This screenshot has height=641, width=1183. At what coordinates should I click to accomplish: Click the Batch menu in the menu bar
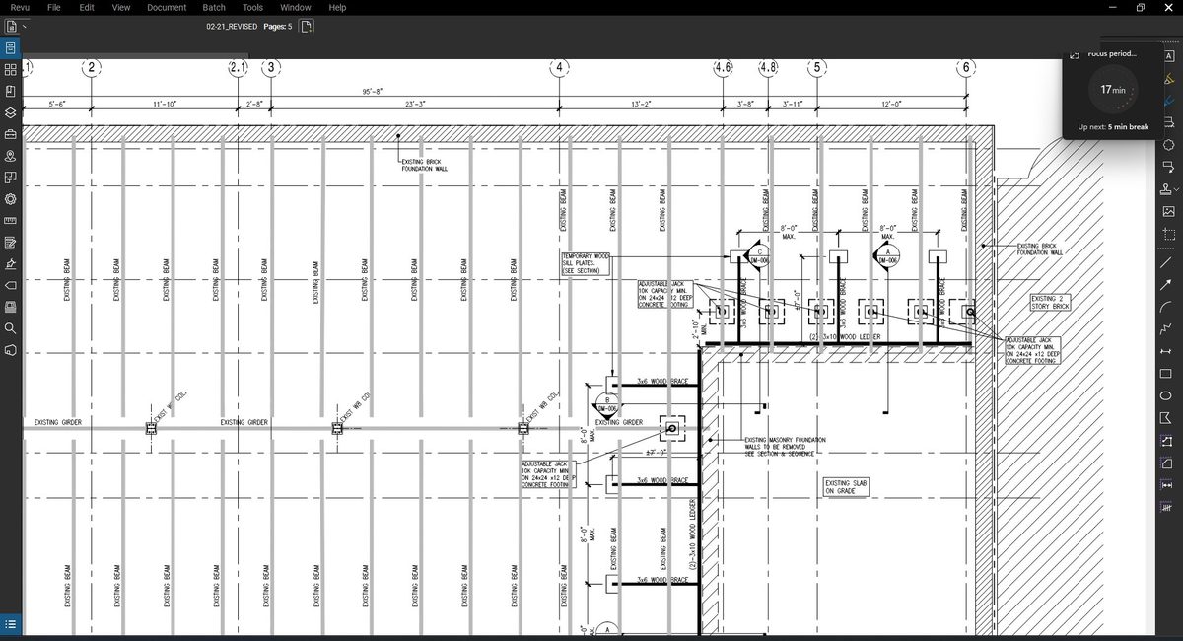click(214, 7)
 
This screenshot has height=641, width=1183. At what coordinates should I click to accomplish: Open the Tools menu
click(252, 7)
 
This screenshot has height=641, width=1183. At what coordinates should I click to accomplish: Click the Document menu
click(167, 7)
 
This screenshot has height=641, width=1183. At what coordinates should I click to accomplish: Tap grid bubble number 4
click(560, 68)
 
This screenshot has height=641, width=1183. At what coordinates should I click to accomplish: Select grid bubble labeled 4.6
click(723, 68)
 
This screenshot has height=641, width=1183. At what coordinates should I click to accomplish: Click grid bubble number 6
click(966, 68)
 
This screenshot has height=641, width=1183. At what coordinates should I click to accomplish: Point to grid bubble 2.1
click(239, 68)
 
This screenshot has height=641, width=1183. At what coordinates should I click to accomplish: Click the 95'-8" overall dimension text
click(373, 92)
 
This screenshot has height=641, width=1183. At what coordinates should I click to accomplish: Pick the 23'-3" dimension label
click(415, 104)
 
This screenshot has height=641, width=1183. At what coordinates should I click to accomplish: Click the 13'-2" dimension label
click(641, 104)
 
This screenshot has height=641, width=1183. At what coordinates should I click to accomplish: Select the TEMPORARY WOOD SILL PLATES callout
click(587, 263)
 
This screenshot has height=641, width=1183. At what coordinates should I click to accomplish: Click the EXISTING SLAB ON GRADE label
click(845, 486)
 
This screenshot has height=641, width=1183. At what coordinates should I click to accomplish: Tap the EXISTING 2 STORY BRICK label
click(1050, 303)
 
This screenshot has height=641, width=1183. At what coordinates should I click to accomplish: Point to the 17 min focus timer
click(1112, 90)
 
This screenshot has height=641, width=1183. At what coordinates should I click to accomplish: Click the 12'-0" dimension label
click(892, 104)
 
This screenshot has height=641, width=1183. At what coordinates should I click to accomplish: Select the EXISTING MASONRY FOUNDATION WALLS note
click(785, 446)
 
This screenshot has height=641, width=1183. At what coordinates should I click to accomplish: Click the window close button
click(1168, 7)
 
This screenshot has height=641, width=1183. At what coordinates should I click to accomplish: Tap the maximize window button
click(1140, 7)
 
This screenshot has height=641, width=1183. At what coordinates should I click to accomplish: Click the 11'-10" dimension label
click(165, 104)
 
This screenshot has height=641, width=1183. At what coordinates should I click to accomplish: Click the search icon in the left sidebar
click(11, 327)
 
